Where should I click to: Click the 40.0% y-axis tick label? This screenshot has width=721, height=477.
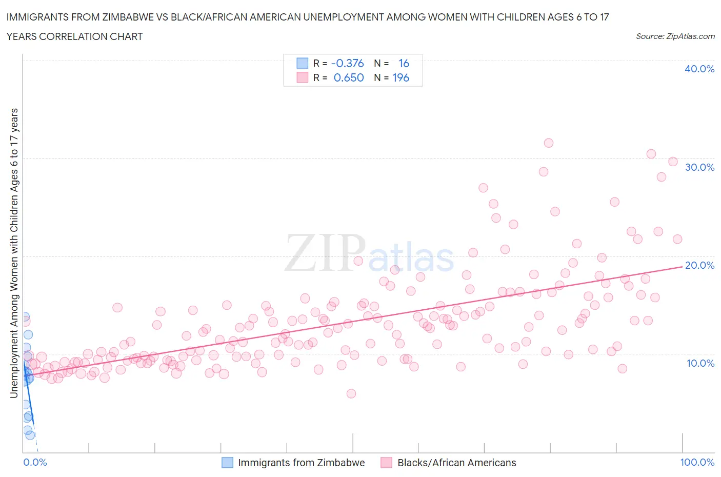(x=699, y=69)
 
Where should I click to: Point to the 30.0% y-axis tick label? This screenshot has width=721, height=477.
(x=699, y=167)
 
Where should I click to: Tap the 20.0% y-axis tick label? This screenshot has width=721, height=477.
(x=699, y=265)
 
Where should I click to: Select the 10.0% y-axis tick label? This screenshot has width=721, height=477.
(x=700, y=363)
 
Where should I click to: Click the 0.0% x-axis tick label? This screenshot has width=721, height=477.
(x=35, y=462)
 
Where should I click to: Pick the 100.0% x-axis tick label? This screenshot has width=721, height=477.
(x=697, y=462)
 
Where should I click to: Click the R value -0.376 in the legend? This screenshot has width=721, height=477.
(x=347, y=63)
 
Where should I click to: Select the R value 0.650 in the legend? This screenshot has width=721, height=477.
(x=348, y=77)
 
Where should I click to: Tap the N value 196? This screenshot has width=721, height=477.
(x=400, y=77)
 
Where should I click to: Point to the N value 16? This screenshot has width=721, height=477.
(x=404, y=63)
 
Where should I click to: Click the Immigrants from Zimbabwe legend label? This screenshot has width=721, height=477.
(x=301, y=463)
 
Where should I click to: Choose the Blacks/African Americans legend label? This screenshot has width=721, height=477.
(x=456, y=463)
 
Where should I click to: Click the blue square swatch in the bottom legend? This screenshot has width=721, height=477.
(x=227, y=463)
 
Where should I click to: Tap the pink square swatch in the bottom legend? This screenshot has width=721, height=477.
(x=386, y=463)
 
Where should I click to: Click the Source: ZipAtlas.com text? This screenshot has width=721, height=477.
(x=675, y=36)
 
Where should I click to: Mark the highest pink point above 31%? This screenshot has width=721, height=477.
(x=548, y=143)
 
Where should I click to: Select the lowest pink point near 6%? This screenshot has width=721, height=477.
(x=351, y=393)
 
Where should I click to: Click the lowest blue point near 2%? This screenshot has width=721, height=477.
(x=30, y=435)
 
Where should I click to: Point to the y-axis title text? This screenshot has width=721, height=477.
(x=14, y=253)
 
